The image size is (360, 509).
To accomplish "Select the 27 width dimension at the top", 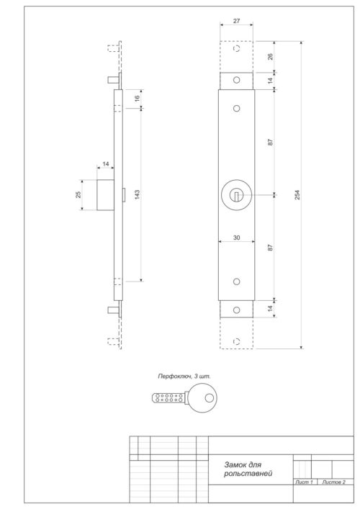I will click(x=237, y=21).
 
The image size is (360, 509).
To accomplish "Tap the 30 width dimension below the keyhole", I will click(x=236, y=238).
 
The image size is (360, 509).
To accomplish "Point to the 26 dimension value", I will click(x=271, y=57).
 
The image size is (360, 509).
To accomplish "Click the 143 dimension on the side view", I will click(x=138, y=194).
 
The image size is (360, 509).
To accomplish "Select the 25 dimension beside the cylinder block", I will click(x=78, y=195).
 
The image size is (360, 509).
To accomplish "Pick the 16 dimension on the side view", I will click(x=138, y=99).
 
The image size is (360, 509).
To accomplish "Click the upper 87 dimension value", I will click(x=271, y=142).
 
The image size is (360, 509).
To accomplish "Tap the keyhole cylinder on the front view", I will click(x=237, y=194).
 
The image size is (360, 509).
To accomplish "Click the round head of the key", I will click(x=204, y=397).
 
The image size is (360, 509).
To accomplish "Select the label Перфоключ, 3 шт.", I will click(x=184, y=376).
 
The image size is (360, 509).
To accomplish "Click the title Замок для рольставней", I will click(x=243, y=469).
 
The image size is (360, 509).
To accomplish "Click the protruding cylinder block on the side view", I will click(x=105, y=195).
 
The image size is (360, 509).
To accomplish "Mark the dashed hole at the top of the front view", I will click(x=237, y=52).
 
